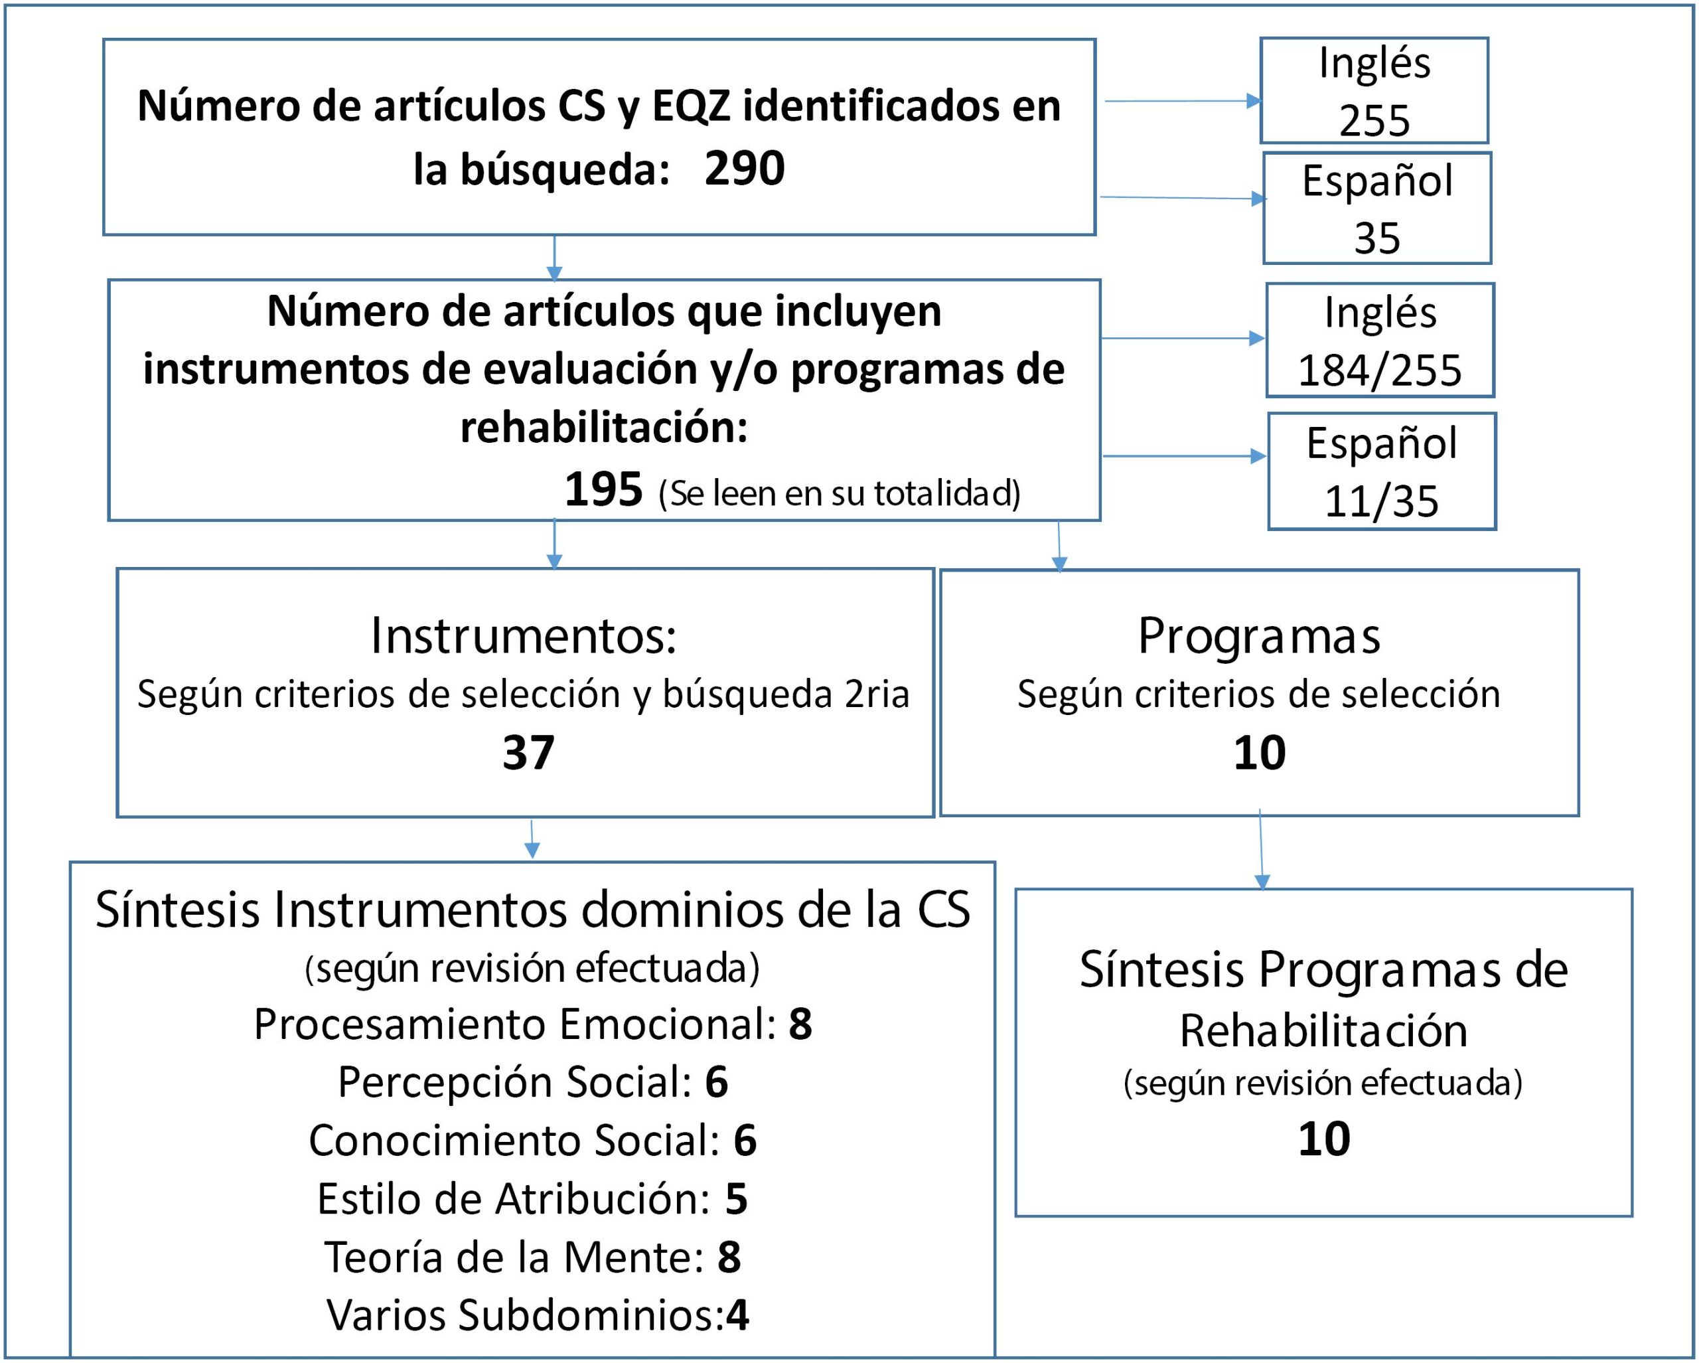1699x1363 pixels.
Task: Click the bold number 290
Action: pos(744,168)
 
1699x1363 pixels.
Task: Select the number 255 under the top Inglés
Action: pos(1374,121)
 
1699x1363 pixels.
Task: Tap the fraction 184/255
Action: pos(1380,370)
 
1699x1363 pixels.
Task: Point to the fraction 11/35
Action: pos(1381,501)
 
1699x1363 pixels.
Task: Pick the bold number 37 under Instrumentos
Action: pos(528,752)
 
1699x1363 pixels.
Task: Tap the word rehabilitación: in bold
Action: pos(604,428)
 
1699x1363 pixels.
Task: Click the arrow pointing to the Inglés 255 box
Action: pos(1183,101)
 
